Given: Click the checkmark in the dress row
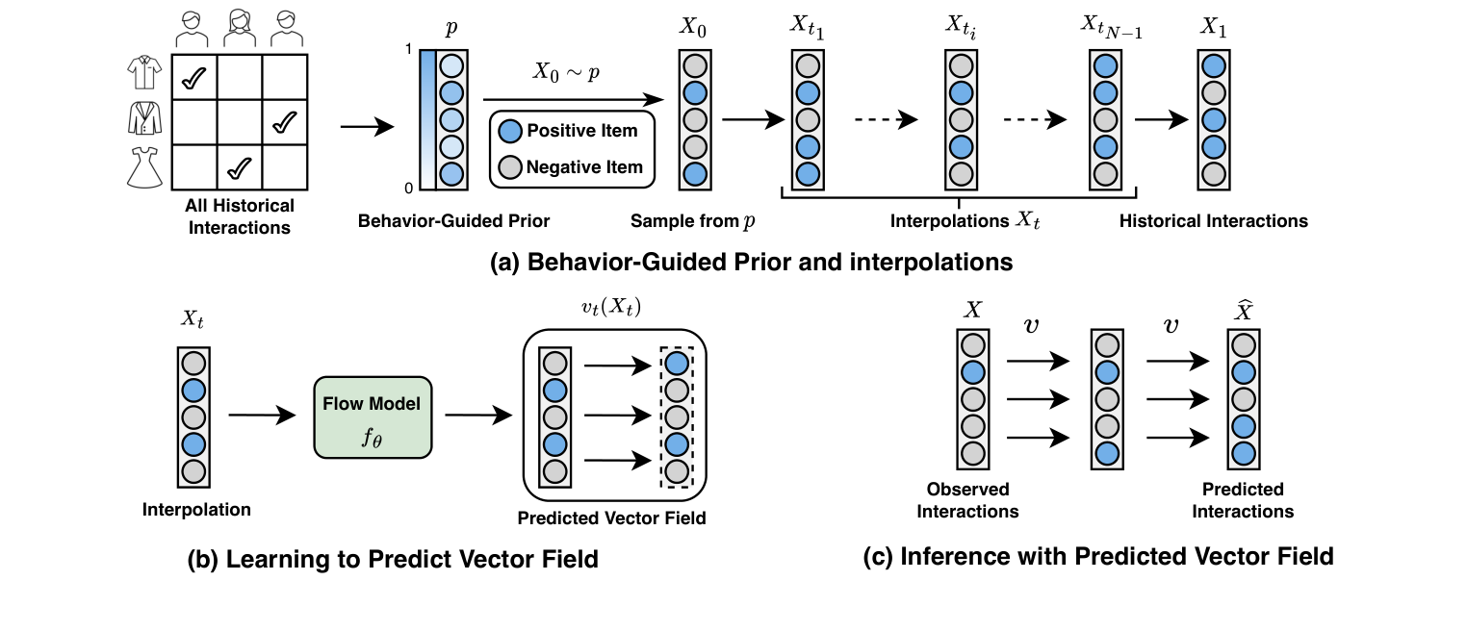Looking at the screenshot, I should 239,168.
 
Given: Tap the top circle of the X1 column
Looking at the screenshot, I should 1214,66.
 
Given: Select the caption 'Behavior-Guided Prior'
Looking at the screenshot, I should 453,221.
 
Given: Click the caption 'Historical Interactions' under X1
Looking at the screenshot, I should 1213,221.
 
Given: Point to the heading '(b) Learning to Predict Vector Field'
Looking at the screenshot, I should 393,560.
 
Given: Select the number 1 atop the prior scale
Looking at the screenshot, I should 409,49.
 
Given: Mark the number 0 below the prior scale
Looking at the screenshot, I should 409,187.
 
